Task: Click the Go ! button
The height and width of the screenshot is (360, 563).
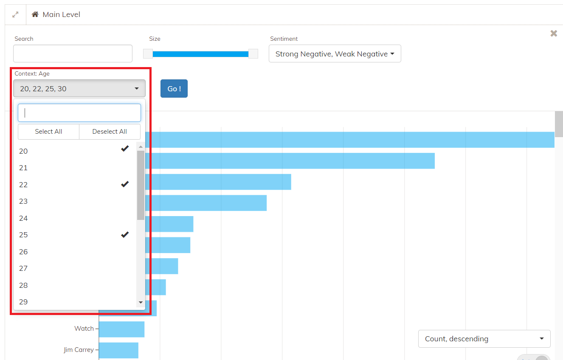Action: (x=174, y=88)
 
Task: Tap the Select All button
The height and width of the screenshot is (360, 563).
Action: (x=48, y=131)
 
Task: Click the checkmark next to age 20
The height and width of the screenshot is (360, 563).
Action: (x=125, y=149)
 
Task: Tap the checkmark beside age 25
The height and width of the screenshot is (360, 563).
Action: (x=125, y=235)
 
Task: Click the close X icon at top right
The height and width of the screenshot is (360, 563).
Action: (x=554, y=34)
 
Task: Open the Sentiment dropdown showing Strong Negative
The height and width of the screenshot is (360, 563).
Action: (x=335, y=53)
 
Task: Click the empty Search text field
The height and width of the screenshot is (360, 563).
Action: (x=73, y=53)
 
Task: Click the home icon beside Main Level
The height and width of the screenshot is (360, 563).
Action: (x=35, y=14)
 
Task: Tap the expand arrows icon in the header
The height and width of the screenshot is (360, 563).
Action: (x=15, y=14)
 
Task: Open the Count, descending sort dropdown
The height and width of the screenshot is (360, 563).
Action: (x=484, y=339)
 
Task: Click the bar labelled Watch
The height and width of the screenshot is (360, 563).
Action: (x=122, y=329)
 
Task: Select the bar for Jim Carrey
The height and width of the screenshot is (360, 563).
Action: (x=118, y=350)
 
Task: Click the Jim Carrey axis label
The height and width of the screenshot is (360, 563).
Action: (x=79, y=350)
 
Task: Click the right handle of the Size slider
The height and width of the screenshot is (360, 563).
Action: (x=253, y=54)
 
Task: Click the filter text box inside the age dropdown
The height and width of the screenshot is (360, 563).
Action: (x=79, y=113)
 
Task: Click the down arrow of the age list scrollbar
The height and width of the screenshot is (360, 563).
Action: (x=141, y=302)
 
